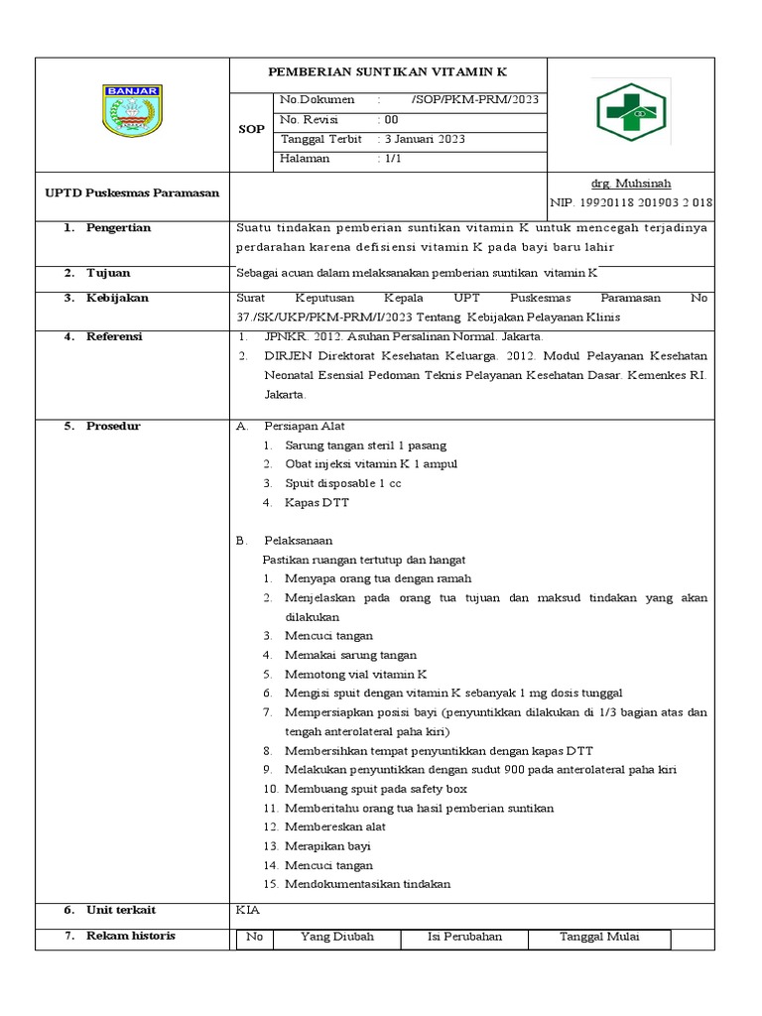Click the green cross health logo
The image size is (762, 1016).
tap(630, 113)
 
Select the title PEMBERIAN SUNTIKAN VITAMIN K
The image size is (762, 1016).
tap(389, 72)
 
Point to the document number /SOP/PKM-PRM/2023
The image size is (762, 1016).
tap(474, 100)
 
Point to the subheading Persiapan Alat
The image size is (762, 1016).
tap(305, 426)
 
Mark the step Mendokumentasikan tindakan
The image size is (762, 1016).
tap(367, 883)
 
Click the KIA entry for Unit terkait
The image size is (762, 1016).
tap(246, 909)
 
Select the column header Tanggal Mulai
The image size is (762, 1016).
tap(599, 937)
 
